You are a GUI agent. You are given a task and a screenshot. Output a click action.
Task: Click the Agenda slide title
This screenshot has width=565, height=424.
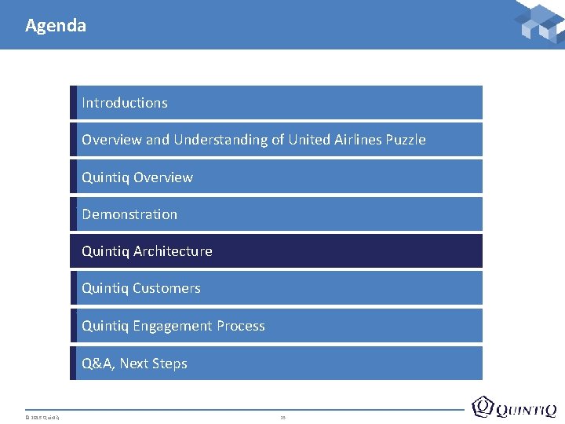click(x=56, y=25)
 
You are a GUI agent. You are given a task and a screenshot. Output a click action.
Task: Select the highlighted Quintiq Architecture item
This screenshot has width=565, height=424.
click(x=276, y=251)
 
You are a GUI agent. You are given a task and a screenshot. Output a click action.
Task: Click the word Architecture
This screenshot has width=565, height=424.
click(x=173, y=251)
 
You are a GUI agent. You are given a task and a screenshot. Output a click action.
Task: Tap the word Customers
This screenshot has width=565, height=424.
click(x=166, y=288)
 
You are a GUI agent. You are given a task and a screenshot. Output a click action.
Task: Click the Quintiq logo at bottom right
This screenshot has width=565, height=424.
click(x=514, y=407)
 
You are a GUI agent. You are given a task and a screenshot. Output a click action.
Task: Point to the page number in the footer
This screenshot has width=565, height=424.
click(x=282, y=417)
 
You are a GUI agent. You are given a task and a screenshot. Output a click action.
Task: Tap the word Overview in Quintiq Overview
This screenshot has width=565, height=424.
click(x=162, y=177)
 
